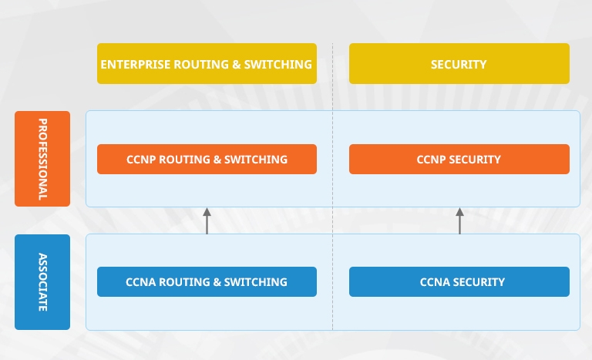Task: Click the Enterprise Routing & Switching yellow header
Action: click(207, 63)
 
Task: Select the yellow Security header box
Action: click(459, 63)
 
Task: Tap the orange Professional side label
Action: click(42, 159)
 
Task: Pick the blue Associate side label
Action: click(42, 282)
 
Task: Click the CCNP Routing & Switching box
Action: click(207, 159)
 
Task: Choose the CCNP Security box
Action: click(459, 159)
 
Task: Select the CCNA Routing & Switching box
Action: click(207, 282)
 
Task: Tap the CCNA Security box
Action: click(459, 282)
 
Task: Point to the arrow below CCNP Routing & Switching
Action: click(207, 221)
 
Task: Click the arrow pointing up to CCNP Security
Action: click(459, 221)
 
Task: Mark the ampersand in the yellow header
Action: click(237, 64)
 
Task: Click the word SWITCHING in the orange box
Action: click(256, 160)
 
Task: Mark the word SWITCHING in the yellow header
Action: click(277, 64)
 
